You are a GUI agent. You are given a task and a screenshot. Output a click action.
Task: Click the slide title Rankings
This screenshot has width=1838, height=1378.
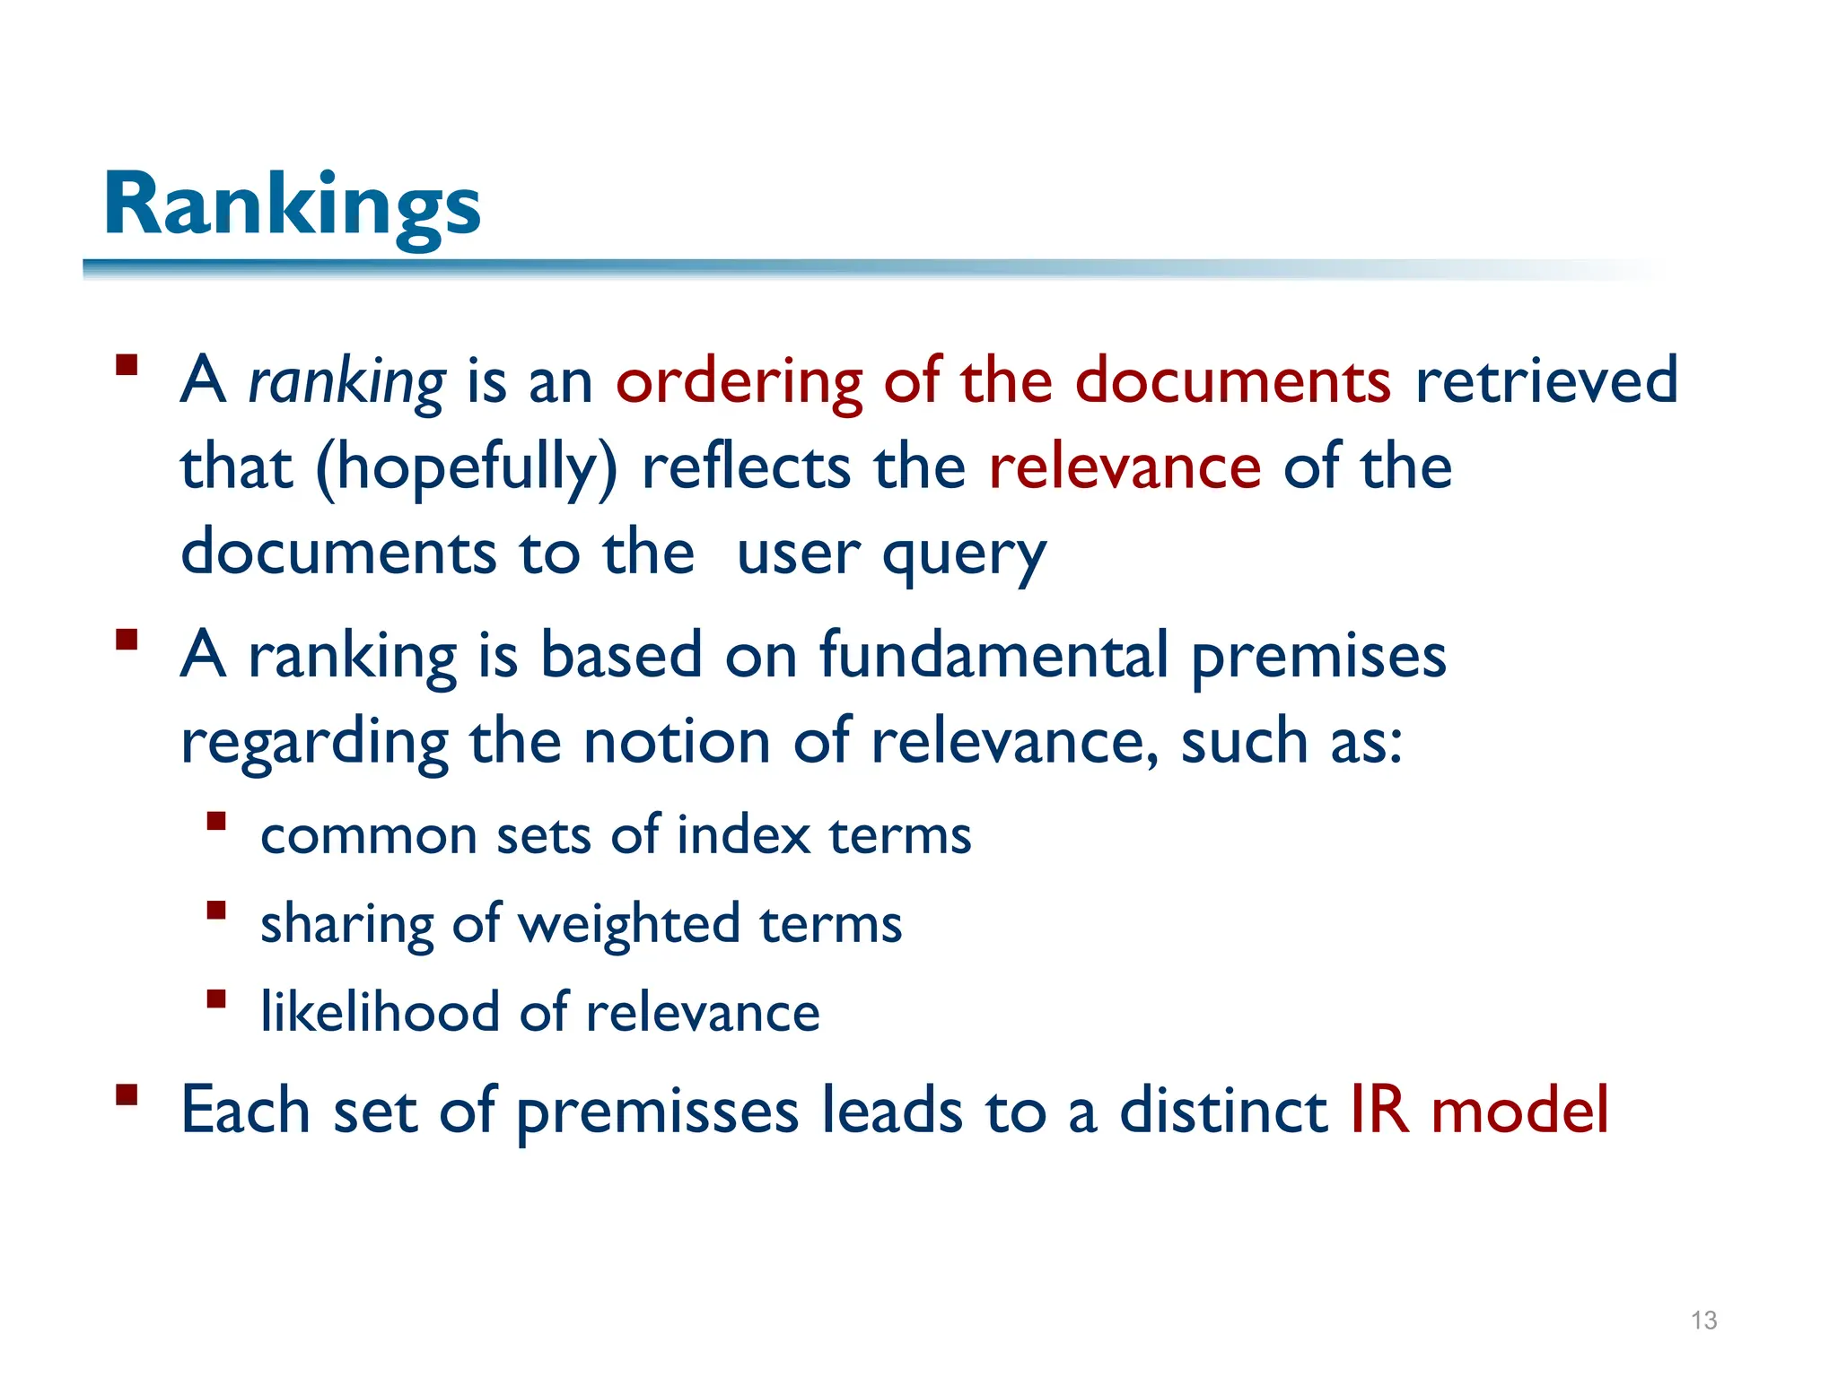coord(293,205)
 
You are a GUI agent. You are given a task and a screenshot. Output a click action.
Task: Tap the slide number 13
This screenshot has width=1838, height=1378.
coord(1703,1320)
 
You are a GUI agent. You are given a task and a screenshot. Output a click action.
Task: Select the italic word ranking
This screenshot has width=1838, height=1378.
coord(346,380)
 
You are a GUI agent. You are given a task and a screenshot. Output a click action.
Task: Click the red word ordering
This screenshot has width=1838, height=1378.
coord(739,380)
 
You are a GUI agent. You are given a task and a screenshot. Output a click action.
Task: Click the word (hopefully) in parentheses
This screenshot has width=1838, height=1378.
coord(467,467)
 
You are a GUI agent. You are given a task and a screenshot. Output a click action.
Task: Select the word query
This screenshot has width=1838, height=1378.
coord(964,554)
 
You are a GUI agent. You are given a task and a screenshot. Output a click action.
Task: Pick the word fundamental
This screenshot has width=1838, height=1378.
coord(993,654)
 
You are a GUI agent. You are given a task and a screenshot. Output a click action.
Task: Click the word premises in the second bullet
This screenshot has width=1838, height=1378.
coord(1318,656)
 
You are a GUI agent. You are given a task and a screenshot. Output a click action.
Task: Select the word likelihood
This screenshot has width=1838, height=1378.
coord(380,1011)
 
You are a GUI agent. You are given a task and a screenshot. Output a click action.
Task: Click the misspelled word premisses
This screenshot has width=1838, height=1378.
coord(657,1111)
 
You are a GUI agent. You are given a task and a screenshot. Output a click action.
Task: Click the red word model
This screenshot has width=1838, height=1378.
coord(1519,1110)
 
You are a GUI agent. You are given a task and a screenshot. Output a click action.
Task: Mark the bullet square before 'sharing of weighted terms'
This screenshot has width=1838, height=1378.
coord(215,911)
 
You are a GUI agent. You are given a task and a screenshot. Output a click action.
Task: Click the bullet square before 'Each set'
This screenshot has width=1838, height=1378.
coord(127,1095)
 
